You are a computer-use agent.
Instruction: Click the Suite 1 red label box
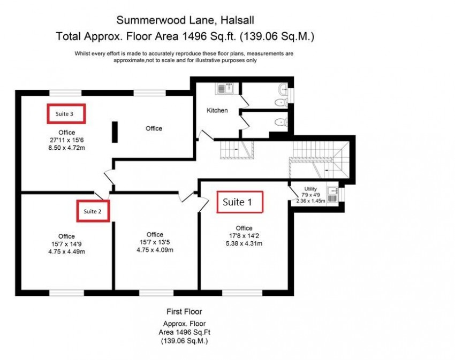[x=240, y=203]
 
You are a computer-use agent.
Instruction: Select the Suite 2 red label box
[x=93, y=211]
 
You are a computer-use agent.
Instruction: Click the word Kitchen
[x=217, y=111]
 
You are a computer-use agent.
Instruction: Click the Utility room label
[x=310, y=189]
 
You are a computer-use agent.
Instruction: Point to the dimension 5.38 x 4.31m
[x=244, y=243]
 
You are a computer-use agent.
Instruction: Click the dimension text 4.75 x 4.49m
[x=67, y=251]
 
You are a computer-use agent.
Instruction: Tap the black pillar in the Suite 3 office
[x=115, y=132]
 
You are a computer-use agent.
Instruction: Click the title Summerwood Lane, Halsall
[x=185, y=21]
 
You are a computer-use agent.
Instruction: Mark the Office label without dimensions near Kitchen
[x=154, y=128]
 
